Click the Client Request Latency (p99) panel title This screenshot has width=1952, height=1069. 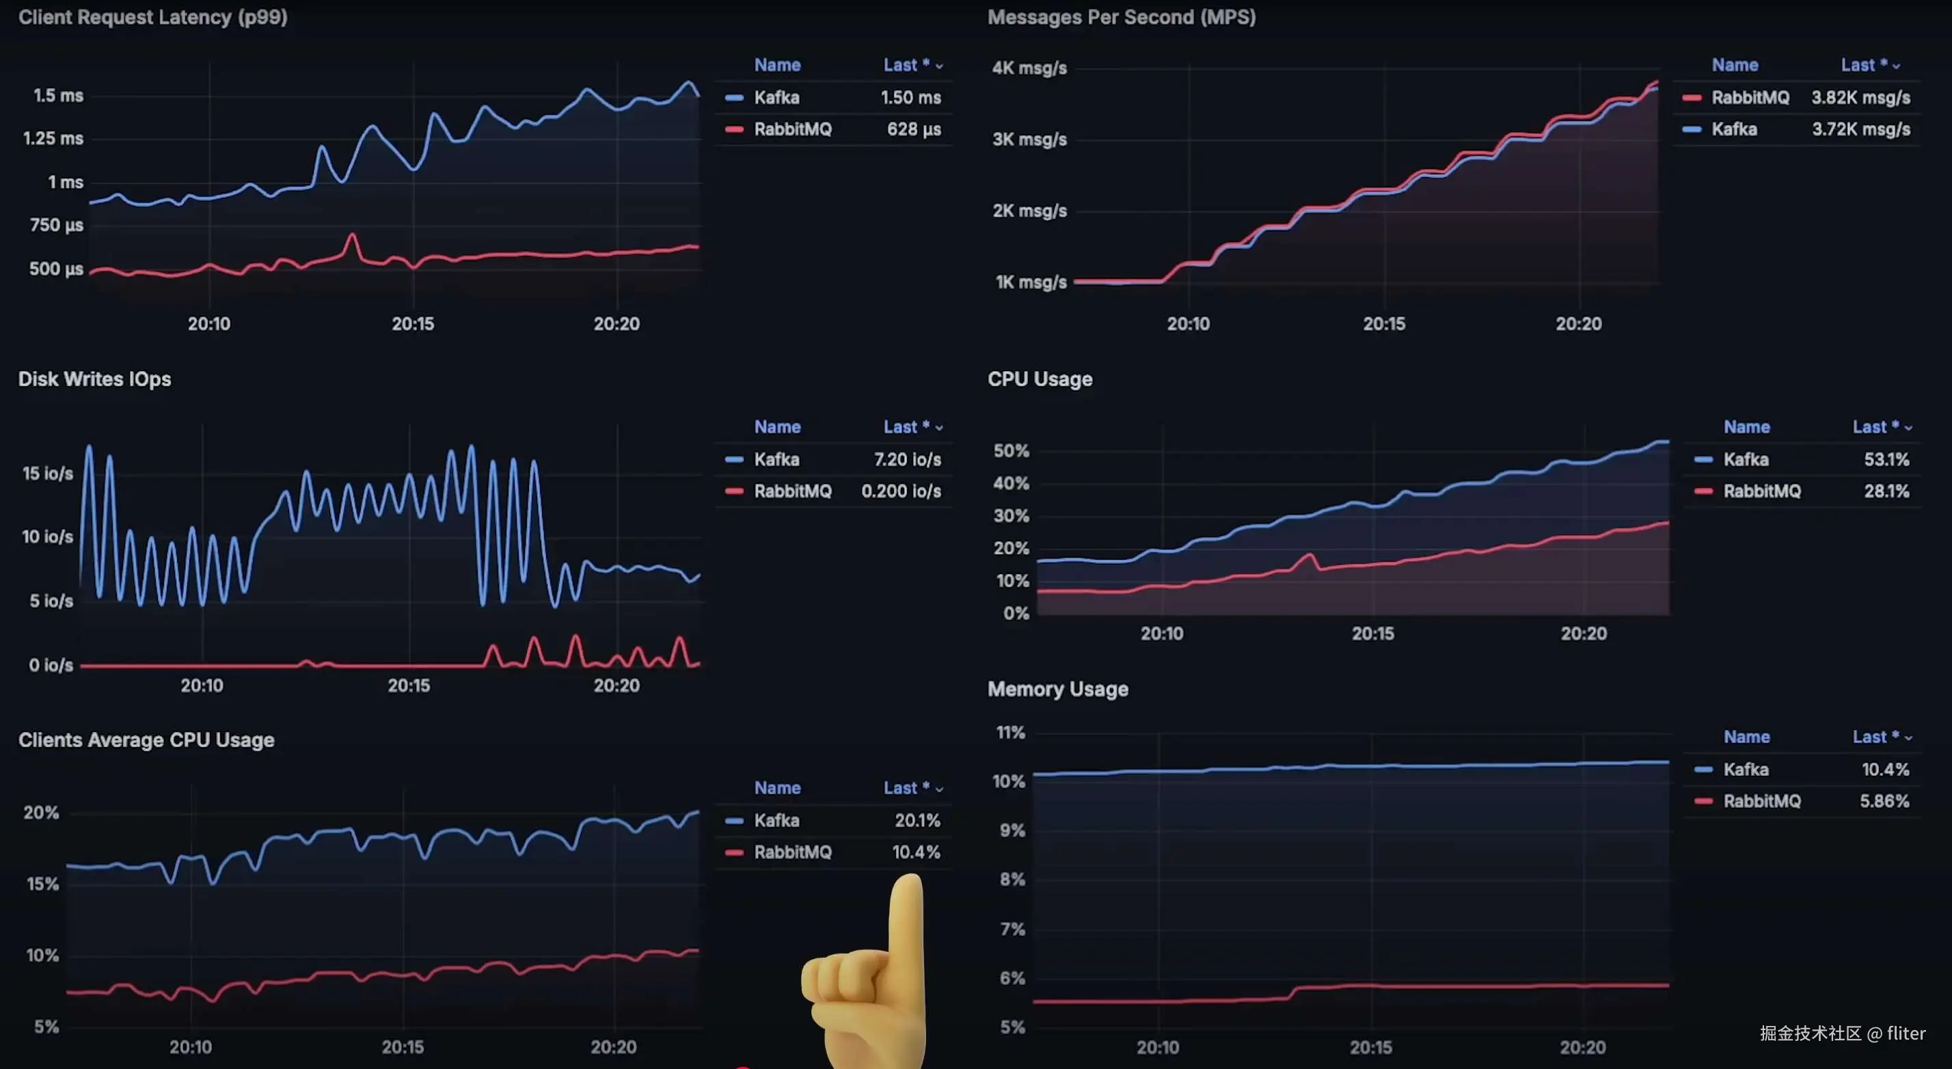point(152,17)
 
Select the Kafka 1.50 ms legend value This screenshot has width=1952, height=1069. point(910,98)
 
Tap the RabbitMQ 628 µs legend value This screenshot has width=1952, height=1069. point(914,130)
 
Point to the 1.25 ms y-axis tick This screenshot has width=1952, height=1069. point(53,139)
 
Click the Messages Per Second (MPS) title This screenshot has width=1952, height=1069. point(1121,17)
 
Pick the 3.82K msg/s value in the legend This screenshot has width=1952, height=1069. point(1860,98)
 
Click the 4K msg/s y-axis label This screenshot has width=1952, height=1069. point(1029,68)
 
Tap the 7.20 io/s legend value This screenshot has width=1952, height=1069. point(907,460)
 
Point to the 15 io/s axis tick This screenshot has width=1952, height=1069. point(48,474)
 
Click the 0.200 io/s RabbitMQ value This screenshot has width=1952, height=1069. point(901,491)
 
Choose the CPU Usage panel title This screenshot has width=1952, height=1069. point(1040,379)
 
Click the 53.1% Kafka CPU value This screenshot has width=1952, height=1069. point(1886,460)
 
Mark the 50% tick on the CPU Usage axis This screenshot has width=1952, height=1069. point(1011,451)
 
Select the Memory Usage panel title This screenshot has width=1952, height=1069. point(1057,690)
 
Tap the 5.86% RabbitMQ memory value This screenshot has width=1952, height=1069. point(1884,802)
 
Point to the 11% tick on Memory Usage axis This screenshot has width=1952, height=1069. point(1010,733)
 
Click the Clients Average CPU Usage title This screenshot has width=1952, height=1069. point(146,740)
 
